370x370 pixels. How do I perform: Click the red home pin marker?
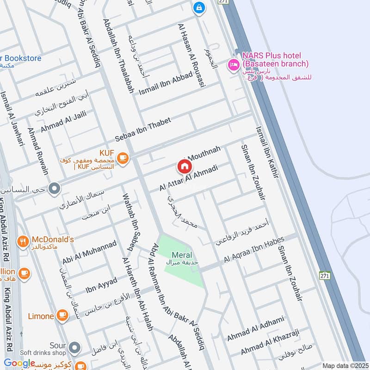[184, 166]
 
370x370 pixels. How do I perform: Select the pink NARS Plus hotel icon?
[233, 64]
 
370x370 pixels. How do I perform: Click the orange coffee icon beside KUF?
[123, 158]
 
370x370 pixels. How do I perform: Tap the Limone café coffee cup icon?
[62, 316]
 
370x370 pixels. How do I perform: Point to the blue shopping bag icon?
[199, 7]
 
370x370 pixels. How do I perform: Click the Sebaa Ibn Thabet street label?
[143, 130]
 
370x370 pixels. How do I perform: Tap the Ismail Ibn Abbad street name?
[165, 84]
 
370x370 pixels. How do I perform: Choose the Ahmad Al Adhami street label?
[255, 329]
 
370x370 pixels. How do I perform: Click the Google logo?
[19, 363]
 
